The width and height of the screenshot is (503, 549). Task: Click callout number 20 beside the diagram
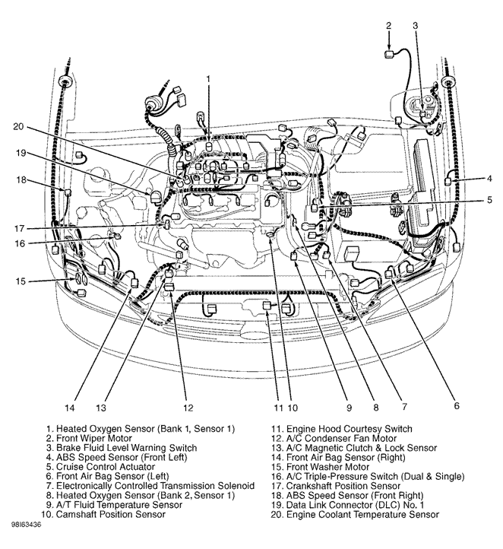[18, 126]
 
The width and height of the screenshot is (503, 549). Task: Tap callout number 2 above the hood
[388, 26]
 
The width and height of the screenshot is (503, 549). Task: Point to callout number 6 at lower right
[457, 406]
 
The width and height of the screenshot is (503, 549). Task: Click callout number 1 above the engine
[208, 78]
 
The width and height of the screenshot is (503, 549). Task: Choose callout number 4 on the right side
[490, 179]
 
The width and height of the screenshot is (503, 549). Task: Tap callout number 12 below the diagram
[188, 407]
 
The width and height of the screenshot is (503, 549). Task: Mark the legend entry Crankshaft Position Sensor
[333, 486]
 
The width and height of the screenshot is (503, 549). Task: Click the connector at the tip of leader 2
[388, 53]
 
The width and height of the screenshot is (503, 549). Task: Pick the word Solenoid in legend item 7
[233, 486]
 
